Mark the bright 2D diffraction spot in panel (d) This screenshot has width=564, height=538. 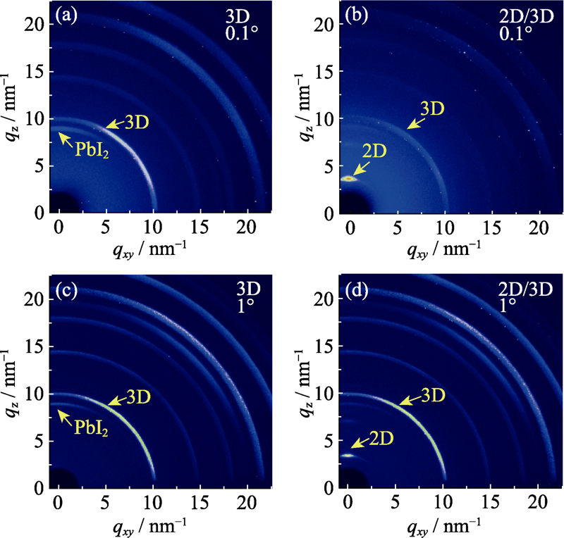click(348, 455)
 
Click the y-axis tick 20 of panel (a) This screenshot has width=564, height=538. click(39, 24)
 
